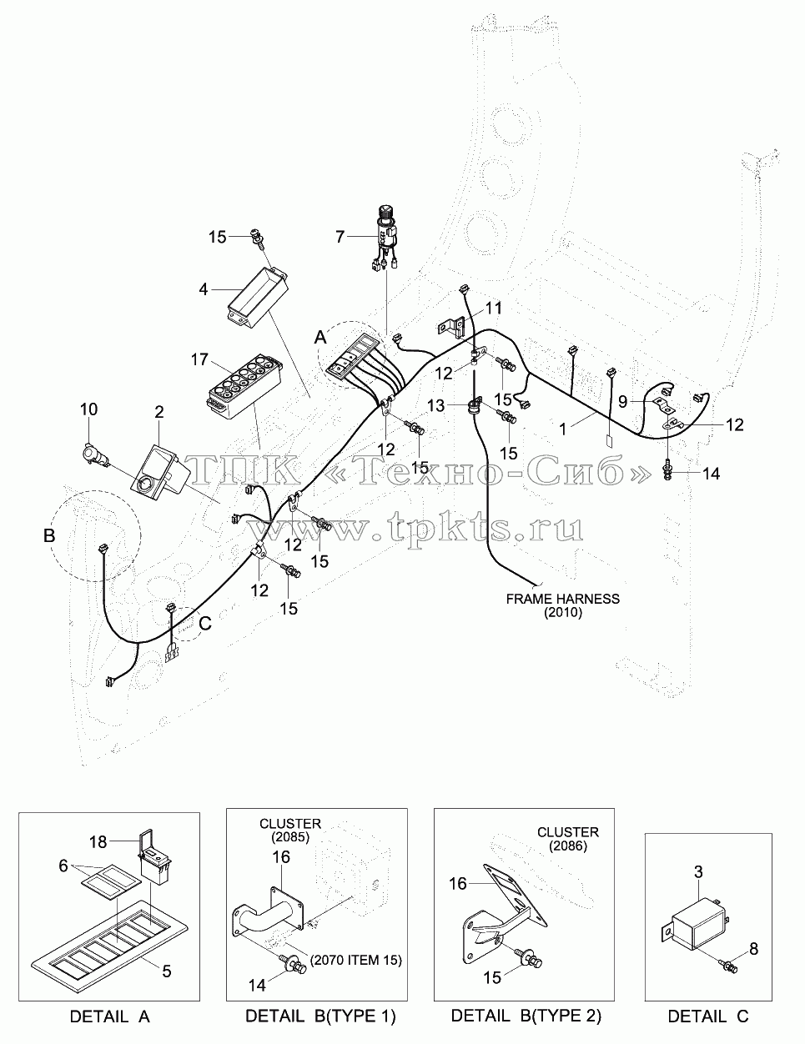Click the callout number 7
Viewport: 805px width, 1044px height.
pyautogui.click(x=340, y=236)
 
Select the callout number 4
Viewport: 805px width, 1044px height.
pyautogui.click(x=203, y=289)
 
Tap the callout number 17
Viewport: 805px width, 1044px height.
pyautogui.click(x=199, y=359)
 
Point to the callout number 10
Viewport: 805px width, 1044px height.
pyautogui.click(x=88, y=409)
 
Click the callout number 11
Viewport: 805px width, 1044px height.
pyautogui.click(x=494, y=308)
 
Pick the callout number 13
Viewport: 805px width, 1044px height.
pyautogui.click(x=436, y=405)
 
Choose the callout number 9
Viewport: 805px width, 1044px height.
pyautogui.click(x=623, y=402)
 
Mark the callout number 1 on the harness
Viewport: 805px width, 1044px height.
pyautogui.click(x=563, y=429)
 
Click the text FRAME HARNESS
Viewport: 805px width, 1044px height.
pyautogui.click(x=563, y=599)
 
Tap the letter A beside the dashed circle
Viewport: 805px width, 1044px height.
pyautogui.click(x=320, y=338)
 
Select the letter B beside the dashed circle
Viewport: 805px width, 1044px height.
pyautogui.click(x=49, y=535)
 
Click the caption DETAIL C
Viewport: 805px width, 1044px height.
pyautogui.click(x=708, y=1016)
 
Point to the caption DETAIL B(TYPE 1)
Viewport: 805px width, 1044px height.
pyautogui.click(x=320, y=1016)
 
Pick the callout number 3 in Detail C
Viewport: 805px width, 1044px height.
pyautogui.click(x=698, y=872)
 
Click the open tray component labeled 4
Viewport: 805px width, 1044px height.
pyautogui.click(x=258, y=298)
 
